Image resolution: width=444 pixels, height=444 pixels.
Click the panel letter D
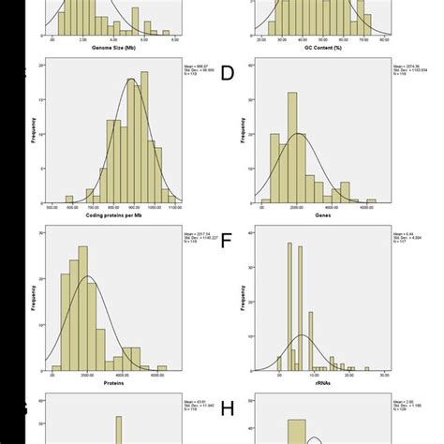click(x=228, y=73)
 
